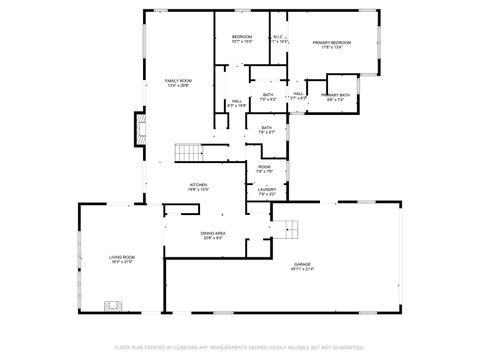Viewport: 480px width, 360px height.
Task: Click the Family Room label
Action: coord(178,82)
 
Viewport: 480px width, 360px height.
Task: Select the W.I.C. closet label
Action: coord(279,39)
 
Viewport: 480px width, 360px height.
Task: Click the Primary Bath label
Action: coord(335,98)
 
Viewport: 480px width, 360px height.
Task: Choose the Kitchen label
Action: coord(199,187)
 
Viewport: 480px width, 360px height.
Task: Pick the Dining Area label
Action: coord(214,235)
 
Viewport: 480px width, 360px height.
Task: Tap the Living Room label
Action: coord(122,260)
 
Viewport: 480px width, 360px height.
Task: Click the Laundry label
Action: coord(266,191)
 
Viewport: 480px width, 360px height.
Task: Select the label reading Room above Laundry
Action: coord(264,169)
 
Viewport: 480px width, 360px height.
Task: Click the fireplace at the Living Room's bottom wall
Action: coord(113,305)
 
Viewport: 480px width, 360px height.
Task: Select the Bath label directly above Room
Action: coord(266,129)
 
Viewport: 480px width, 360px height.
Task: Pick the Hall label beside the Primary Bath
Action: coord(298,96)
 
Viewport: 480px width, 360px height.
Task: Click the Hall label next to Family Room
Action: coord(237,103)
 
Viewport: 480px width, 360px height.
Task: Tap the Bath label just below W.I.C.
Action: coord(268,98)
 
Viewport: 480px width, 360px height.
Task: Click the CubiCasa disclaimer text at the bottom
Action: coord(240,348)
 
